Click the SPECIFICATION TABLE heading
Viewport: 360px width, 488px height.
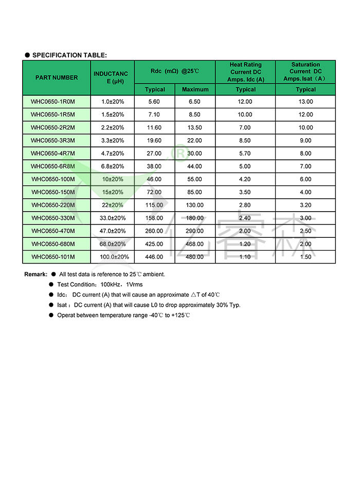coord(69,55)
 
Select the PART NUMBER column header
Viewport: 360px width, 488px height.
coord(57,78)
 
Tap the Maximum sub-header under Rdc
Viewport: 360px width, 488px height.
coord(195,89)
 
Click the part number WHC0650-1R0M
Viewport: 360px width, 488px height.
coord(52,102)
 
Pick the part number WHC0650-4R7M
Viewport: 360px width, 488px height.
coord(52,153)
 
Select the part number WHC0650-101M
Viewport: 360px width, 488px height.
coord(52,257)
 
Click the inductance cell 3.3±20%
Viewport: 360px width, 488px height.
coord(113,140)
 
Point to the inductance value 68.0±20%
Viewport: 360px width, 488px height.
coord(113,244)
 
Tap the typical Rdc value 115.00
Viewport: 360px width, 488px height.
coord(155,205)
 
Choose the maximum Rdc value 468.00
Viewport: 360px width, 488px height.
coord(195,244)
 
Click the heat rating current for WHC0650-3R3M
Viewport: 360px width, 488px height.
coord(245,140)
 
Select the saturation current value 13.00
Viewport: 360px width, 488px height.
coord(305,102)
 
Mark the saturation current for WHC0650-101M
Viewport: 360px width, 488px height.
coord(305,257)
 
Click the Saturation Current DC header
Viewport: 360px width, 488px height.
coord(305,72)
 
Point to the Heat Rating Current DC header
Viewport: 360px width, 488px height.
coord(245,72)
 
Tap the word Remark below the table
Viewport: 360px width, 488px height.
coord(35,274)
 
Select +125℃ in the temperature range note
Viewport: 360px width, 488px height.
coord(181,315)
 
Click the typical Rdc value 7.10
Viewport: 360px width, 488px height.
coord(155,115)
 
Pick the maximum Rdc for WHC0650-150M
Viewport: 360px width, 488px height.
coord(195,192)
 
